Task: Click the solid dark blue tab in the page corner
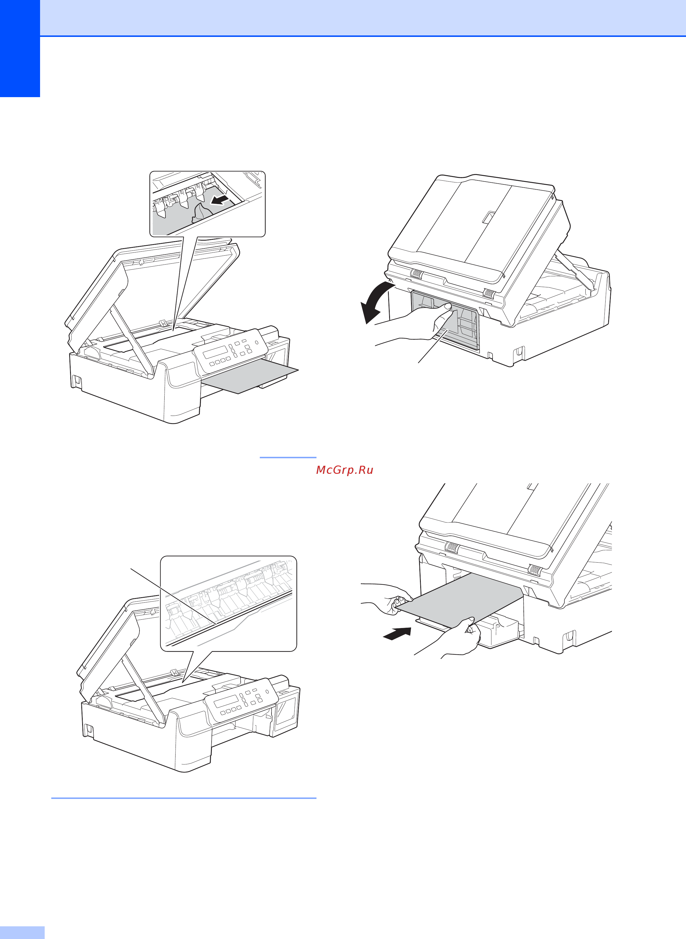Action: [x=20, y=49]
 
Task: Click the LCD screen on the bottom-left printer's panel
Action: [x=227, y=701]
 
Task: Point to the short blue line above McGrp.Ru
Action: [x=288, y=457]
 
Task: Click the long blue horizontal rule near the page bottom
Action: [x=184, y=798]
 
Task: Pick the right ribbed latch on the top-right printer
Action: [x=489, y=293]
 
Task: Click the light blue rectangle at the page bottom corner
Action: [x=22, y=932]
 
